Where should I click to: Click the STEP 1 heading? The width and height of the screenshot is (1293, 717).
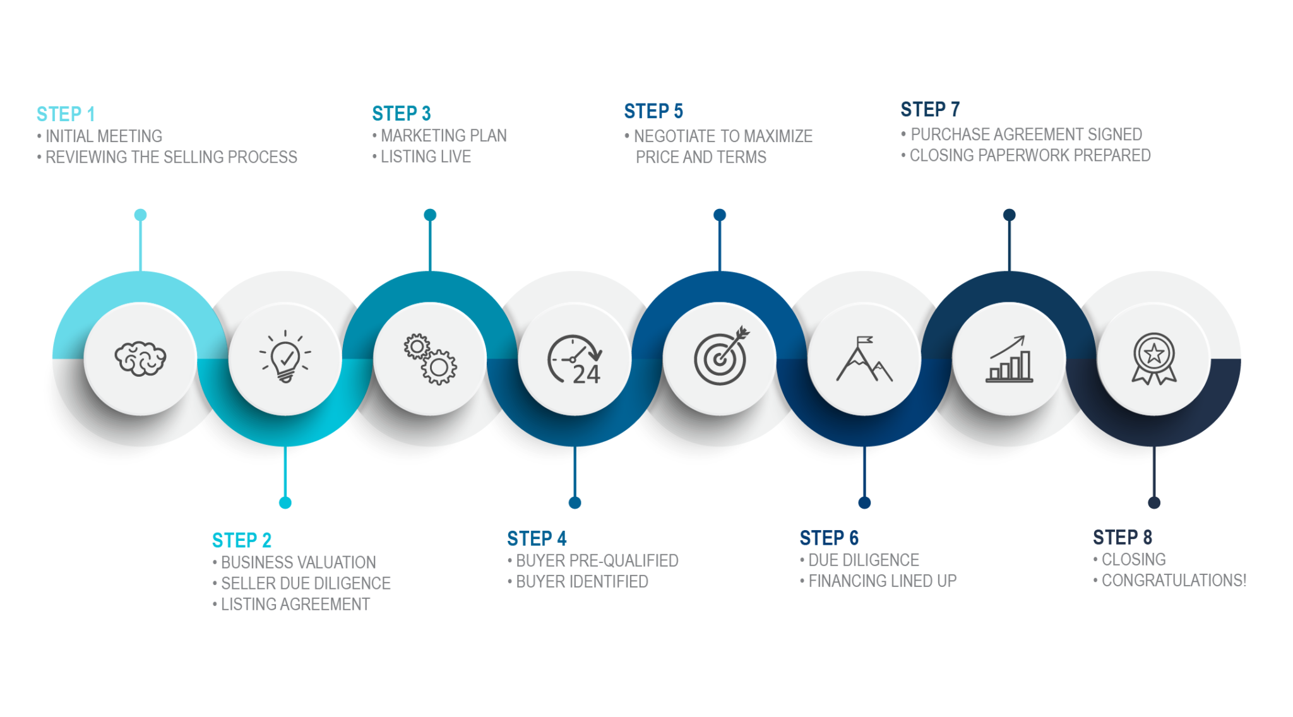pos(66,114)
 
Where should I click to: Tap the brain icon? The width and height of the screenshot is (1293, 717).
pos(140,358)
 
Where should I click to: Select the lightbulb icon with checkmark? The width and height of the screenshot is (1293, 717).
pos(285,357)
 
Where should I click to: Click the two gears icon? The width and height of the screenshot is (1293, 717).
pos(430,358)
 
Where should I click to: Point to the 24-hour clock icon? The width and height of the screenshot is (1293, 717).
pos(575,359)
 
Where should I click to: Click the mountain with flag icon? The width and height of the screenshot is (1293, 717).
pos(864,358)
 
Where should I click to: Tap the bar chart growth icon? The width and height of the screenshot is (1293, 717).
pos(1009,358)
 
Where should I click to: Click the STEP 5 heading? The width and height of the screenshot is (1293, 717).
pos(653,112)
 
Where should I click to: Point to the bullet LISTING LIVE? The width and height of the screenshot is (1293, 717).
pos(426,157)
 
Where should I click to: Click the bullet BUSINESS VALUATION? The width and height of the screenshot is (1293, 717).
pos(298,562)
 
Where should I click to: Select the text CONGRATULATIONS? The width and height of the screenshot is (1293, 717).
pos(1174,580)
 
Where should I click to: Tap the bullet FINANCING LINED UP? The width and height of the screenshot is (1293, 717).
pos(882,581)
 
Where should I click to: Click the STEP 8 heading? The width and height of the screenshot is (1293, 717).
pos(1123,538)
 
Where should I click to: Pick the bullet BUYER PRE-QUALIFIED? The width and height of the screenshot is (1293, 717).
pos(597,560)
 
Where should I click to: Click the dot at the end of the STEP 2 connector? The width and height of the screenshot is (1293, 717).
pos(285,502)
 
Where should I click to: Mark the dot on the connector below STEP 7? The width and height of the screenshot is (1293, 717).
pos(1009,215)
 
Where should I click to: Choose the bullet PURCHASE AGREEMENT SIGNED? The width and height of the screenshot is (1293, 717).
pos(1026,134)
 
